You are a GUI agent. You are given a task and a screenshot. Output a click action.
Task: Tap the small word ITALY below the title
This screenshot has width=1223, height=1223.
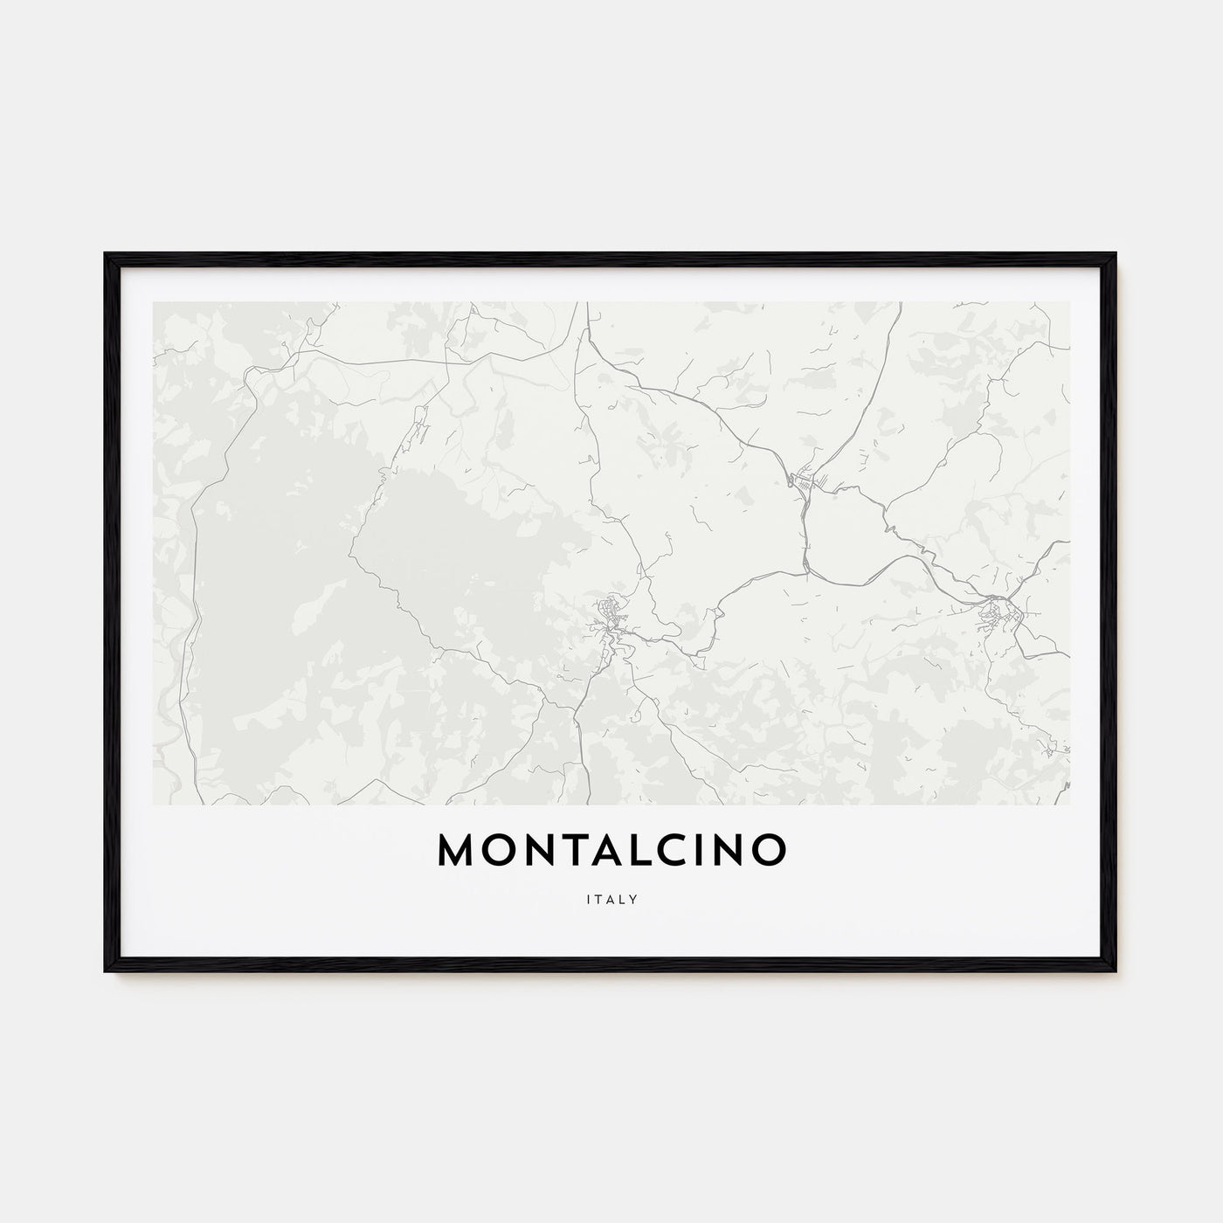coord(611,898)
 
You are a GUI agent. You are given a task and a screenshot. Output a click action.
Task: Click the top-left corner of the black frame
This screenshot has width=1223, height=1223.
coord(106,254)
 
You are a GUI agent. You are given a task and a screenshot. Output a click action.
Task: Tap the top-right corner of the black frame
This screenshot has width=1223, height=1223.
coord(1116,254)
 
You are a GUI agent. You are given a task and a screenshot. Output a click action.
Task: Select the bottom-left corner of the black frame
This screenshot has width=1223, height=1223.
coord(106,972)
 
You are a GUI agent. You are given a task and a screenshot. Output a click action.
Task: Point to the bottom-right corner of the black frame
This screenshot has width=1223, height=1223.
coord(1116,972)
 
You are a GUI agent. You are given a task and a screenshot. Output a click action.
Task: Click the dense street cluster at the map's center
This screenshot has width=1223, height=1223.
coord(609,616)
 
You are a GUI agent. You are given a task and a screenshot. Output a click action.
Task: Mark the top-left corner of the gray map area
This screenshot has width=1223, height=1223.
coord(154,303)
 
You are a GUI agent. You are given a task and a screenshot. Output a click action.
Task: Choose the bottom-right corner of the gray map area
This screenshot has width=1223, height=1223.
coord(1069,804)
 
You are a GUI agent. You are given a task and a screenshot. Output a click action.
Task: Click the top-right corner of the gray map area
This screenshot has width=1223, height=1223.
coord(1069,303)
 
